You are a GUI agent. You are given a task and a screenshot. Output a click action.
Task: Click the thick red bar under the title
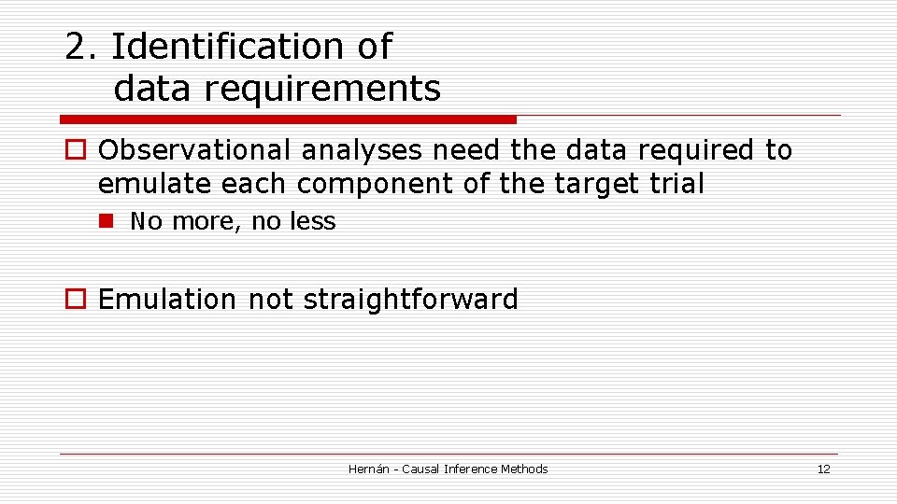(x=288, y=119)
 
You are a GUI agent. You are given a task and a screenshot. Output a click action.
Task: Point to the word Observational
(x=192, y=150)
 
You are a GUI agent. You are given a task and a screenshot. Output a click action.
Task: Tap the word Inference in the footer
(x=471, y=469)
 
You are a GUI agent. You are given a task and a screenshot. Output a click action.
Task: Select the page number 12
(x=823, y=469)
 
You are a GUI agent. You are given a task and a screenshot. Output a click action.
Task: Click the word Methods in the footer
(x=524, y=469)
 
